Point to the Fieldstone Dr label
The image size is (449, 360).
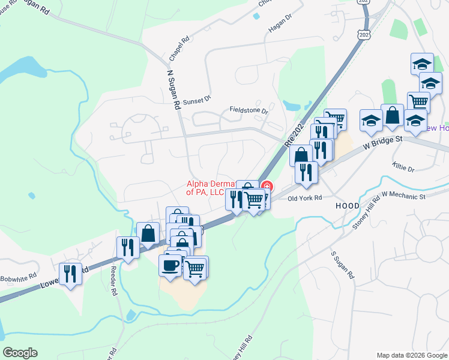(x=249, y=110)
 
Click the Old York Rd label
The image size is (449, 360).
(x=305, y=197)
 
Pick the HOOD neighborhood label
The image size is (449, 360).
(x=348, y=206)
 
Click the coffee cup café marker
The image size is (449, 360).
(x=170, y=265)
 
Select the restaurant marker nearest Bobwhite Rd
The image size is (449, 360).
(x=71, y=274)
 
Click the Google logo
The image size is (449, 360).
(x=20, y=353)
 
